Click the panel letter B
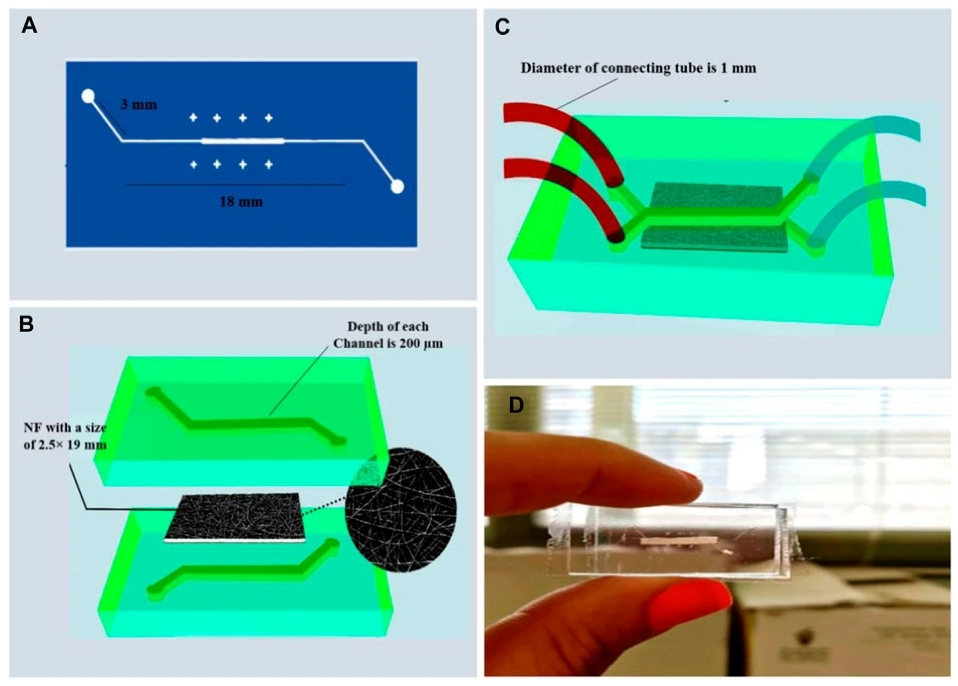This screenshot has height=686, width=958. click(x=27, y=324)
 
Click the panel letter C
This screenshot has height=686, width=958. click(x=502, y=27)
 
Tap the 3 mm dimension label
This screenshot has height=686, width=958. click(x=139, y=104)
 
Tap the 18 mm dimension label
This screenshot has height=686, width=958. click(x=241, y=202)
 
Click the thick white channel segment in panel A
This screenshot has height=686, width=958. click(x=243, y=141)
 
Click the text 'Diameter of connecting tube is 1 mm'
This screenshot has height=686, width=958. click(x=638, y=68)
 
